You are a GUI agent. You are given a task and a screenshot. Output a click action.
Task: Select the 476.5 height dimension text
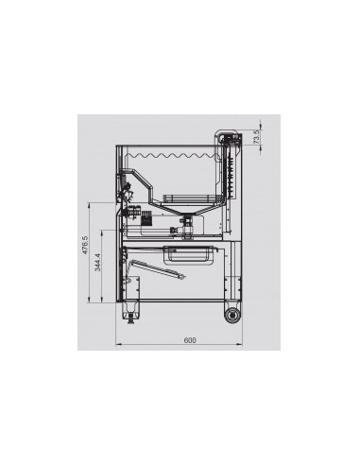point(84,246)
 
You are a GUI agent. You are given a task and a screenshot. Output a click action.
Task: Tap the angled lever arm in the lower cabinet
point(156,268)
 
